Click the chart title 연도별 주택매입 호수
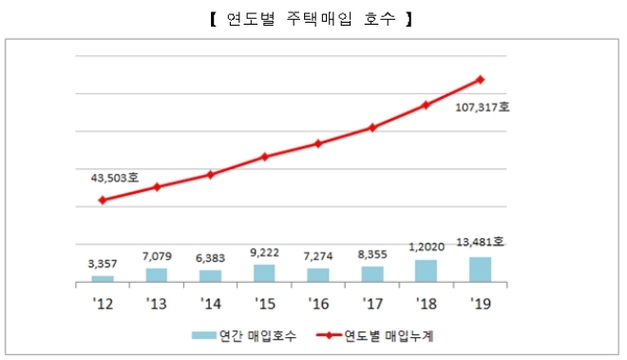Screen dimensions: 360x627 click(x=313, y=17)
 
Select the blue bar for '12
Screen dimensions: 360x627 click(x=103, y=278)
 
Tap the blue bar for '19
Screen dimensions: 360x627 click(x=481, y=270)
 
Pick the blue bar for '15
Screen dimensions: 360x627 click(x=265, y=274)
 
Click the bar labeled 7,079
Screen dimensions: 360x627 click(x=157, y=275)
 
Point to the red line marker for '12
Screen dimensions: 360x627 click(x=103, y=200)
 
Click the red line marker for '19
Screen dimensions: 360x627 click(x=481, y=79)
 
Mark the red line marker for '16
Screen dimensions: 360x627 click(x=319, y=143)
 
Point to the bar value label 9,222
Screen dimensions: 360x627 click(x=264, y=251)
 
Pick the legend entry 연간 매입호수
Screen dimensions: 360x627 click(x=247, y=334)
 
